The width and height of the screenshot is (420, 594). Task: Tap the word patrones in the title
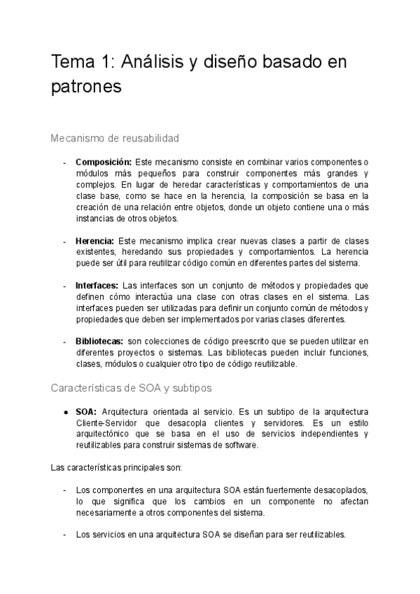click(87, 86)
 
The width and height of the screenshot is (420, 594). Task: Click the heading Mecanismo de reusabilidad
click(115, 138)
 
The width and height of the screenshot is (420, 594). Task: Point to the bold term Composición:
click(103, 163)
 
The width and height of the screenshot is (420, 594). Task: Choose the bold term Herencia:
click(94, 241)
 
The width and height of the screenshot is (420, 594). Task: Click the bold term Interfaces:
click(97, 286)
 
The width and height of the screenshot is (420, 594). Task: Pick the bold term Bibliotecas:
click(100, 342)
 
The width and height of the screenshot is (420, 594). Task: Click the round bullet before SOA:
click(65, 411)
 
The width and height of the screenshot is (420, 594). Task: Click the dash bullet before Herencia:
click(65, 241)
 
